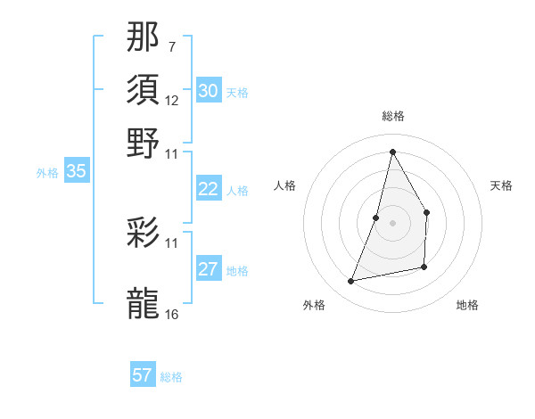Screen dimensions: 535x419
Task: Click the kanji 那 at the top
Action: (144, 38)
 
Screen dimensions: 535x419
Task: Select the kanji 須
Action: (144, 90)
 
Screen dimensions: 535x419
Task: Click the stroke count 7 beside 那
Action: (171, 46)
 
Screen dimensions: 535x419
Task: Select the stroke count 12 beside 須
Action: (172, 100)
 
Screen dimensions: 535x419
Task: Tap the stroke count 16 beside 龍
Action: (172, 314)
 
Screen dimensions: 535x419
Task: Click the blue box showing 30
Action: (209, 91)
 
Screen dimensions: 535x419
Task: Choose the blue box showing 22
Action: (209, 189)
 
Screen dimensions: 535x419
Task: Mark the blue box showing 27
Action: (209, 269)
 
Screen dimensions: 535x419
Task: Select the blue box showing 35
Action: (76, 172)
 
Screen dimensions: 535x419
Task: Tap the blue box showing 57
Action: (143, 375)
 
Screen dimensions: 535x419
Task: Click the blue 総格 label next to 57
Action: (171, 377)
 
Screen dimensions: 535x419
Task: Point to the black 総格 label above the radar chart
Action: (392, 116)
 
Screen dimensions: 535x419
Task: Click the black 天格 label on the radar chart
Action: (501, 185)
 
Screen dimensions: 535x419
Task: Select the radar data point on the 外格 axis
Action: (351, 282)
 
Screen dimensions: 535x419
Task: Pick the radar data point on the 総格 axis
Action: (392, 151)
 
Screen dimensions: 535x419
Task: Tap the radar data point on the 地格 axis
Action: (424, 267)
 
